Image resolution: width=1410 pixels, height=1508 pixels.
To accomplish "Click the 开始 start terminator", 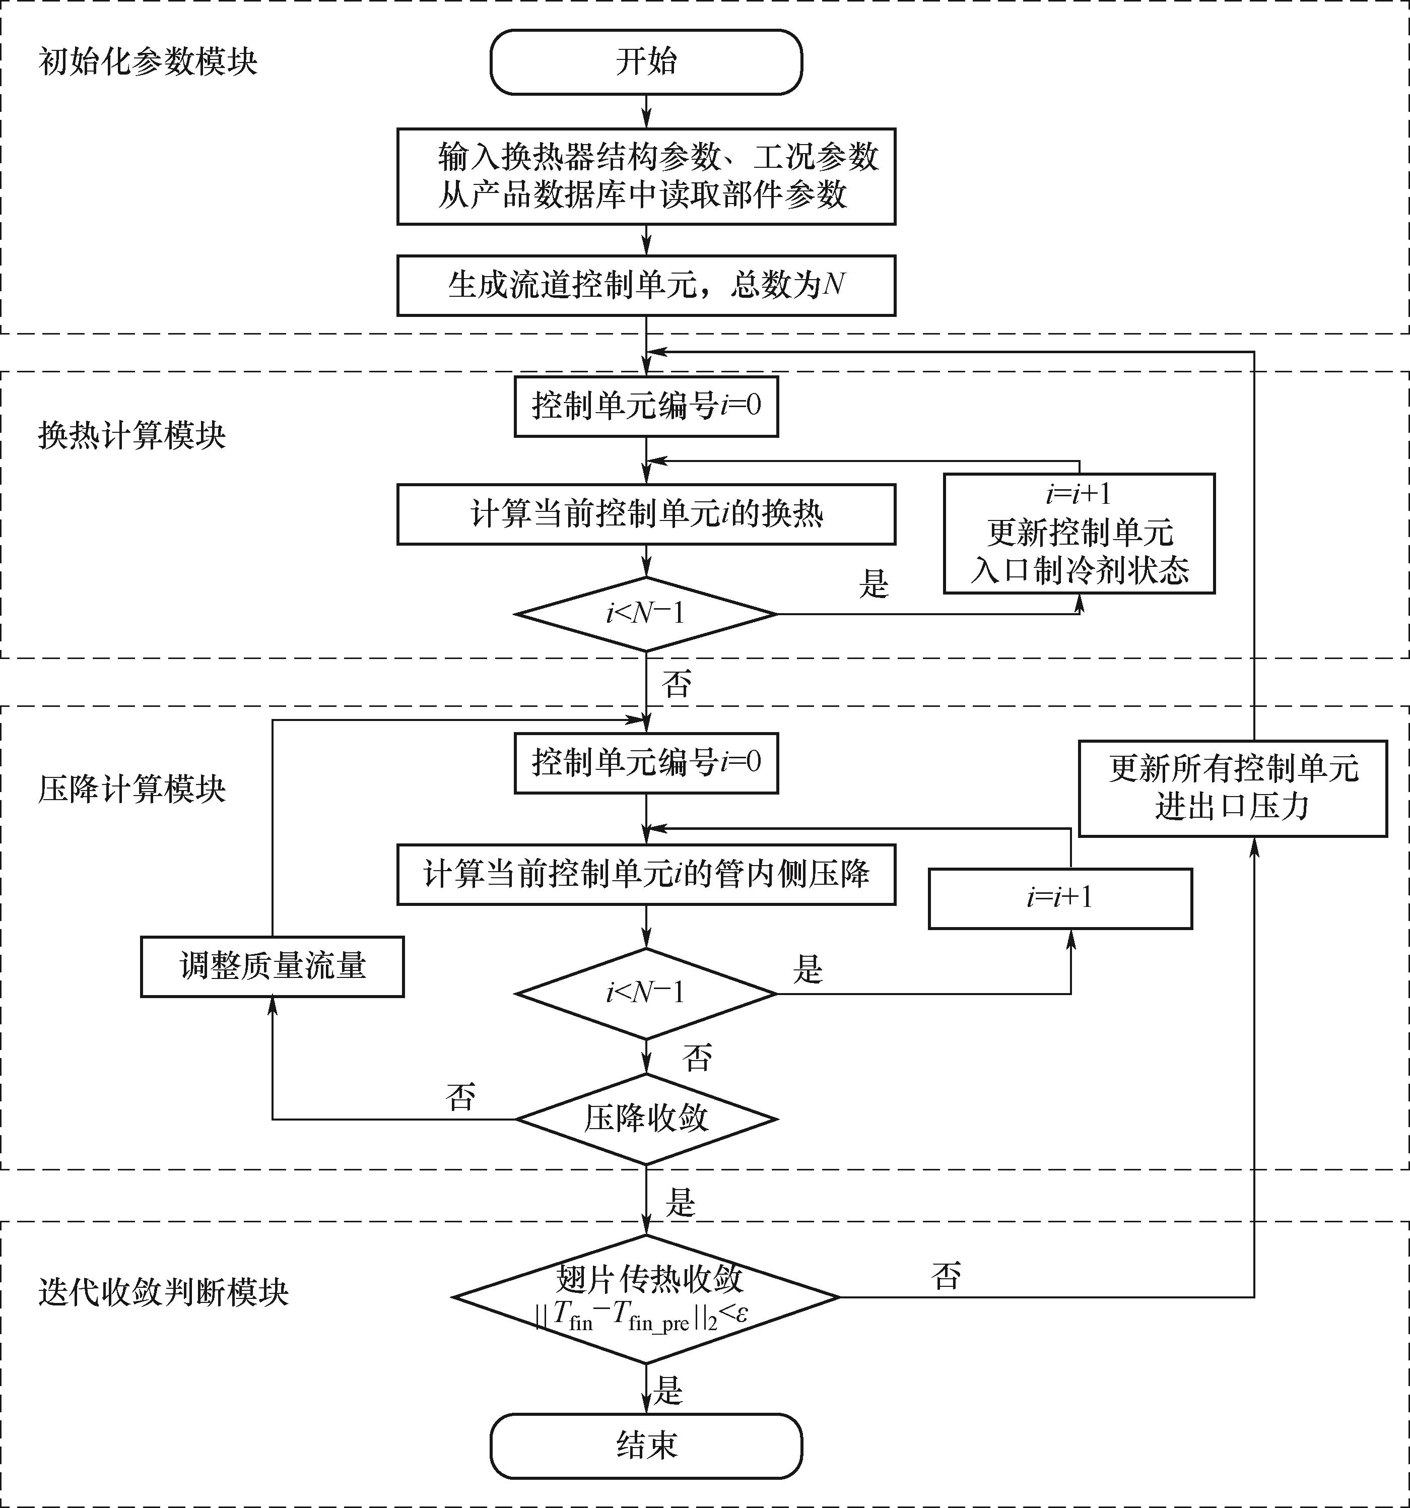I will tap(646, 62).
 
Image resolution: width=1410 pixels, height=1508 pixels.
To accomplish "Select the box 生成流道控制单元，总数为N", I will tap(646, 285).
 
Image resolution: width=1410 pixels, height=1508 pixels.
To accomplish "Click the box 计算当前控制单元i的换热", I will tap(646, 514).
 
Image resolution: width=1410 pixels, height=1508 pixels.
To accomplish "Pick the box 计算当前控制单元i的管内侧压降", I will tap(646, 874).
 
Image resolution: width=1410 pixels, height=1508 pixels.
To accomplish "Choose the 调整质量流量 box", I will tap(273, 966).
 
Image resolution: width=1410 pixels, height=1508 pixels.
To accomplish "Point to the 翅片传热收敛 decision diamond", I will tap(646, 1297).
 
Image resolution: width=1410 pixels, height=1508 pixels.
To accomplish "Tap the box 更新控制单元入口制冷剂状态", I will tap(1080, 533).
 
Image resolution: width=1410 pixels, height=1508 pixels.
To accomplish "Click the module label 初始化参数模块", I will tap(148, 62).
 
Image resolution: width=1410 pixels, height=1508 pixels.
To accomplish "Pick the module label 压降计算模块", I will tap(132, 790).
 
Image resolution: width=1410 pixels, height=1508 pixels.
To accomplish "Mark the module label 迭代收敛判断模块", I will tap(163, 1292).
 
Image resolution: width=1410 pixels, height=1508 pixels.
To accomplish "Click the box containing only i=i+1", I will tap(1060, 898).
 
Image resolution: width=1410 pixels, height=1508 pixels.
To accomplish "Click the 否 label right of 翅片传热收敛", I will tap(946, 1276).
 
